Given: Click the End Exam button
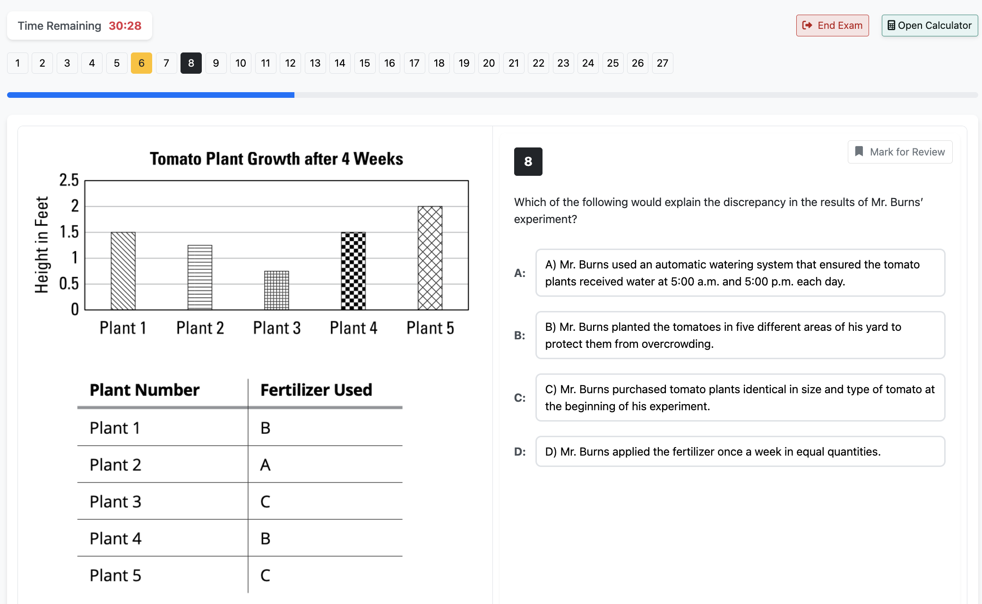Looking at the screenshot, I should coord(832,26).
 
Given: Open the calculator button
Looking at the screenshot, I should coord(929,26).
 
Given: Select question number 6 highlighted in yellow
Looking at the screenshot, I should coord(141,63).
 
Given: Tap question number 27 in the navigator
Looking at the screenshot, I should coord(662,63).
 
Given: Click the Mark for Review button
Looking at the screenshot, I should coord(899,152).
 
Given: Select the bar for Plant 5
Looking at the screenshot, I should coord(430,258).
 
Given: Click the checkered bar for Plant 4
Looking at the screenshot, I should coord(353,271).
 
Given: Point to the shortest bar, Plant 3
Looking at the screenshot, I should coord(276,290).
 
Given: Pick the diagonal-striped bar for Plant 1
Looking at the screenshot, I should coord(123,271).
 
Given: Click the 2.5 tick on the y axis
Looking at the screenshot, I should coord(69,180).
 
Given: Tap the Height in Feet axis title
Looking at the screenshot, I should coord(42,245).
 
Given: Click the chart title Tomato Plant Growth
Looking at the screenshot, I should coord(276,159).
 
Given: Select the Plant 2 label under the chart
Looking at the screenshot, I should coord(200,328).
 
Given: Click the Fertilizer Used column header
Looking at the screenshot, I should coord(316,390).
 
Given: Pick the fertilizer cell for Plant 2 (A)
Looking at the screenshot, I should coord(266,465).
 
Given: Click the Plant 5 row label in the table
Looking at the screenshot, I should coord(115,576).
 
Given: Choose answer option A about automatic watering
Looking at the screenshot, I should coord(740,273).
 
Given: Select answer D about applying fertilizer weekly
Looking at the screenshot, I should coord(740,451).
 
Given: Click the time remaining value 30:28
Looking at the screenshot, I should coord(125,26).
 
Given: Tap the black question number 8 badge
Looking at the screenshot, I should coord(528,162).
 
